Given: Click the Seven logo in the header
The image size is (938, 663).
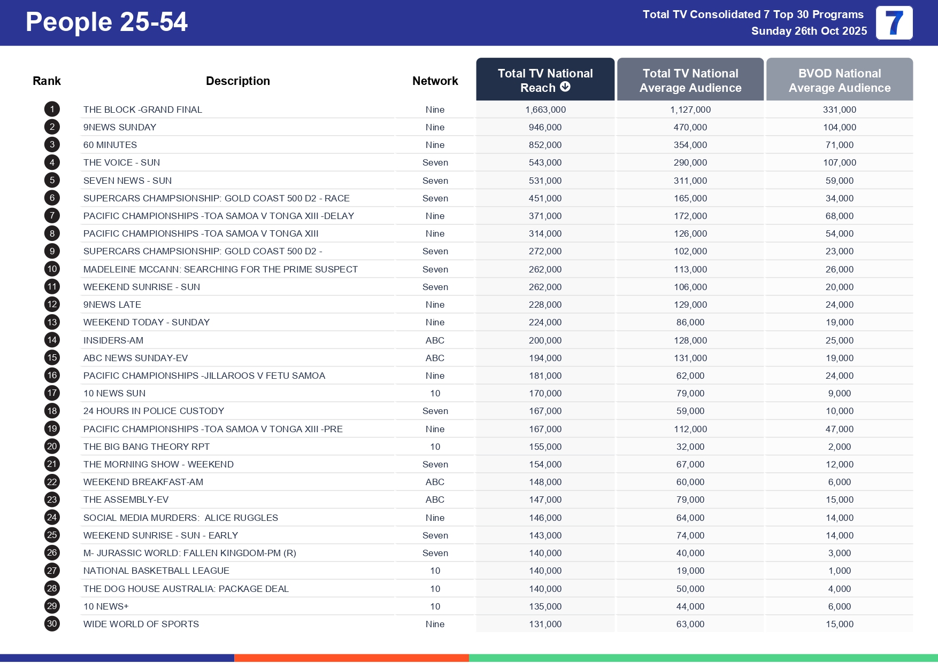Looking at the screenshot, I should pyautogui.click(x=894, y=23).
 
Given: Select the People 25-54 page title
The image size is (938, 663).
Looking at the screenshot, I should pyautogui.click(x=106, y=22).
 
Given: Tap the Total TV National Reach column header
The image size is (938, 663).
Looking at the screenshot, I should pyautogui.click(x=545, y=80).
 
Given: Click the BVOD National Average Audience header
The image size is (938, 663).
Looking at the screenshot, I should pyautogui.click(x=839, y=80).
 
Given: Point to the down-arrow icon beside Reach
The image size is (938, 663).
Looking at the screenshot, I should pyautogui.click(x=565, y=87).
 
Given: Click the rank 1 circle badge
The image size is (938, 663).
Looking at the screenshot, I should pyautogui.click(x=52, y=110).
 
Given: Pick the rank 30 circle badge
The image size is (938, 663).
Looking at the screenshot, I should pyautogui.click(x=52, y=624).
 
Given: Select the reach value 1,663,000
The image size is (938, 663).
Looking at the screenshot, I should pyautogui.click(x=545, y=110).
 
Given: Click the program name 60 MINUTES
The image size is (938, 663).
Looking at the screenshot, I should pyautogui.click(x=110, y=145).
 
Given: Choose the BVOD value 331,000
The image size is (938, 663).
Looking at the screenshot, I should pyautogui.click(x=839, y=110).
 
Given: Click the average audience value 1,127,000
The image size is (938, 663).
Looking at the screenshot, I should pyautogui.click(x=690, y=110).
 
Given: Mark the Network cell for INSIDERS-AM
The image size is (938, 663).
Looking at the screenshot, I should pyautogui.click(x=435, y=340).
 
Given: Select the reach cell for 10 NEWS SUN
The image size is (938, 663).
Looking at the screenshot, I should pyautogui.click(x=545, y=393).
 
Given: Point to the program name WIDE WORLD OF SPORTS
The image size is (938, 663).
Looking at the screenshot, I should pyautogui.click(x=141, y=624).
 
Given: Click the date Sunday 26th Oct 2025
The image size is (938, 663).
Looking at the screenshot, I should pyautogui.click(x=809, y=31).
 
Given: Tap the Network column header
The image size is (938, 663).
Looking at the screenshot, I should pyautogui.click(x=435, y=81).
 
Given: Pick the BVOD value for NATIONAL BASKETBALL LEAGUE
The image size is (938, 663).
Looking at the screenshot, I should pyautogui.click(x=839, y=571).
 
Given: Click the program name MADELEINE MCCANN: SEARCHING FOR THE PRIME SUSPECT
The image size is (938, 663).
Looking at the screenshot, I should pyautogui.click(x=220, y=269).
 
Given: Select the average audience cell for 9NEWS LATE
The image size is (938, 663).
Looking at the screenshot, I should pyautogui.click(x=690, y=305).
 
